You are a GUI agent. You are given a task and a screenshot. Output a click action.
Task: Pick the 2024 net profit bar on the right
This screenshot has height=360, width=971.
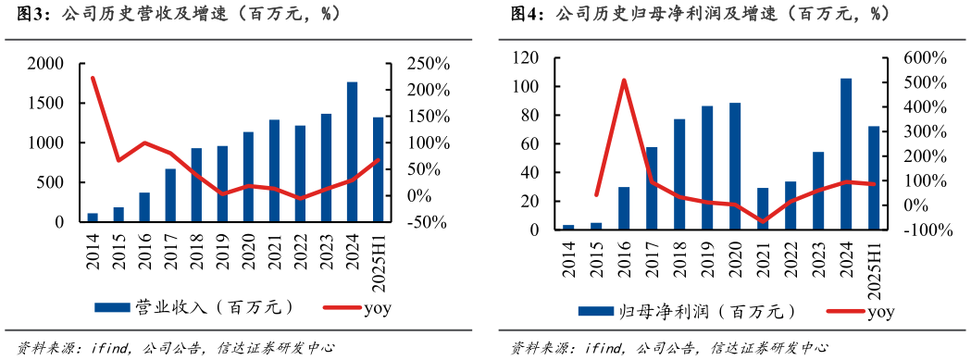[846, 154]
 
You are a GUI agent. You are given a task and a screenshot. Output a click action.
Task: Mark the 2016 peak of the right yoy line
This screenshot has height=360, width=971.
[624, 81]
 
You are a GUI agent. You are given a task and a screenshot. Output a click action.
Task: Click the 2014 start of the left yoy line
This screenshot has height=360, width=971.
[93, 78]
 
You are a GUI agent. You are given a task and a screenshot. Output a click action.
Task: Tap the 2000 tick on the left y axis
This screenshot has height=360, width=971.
[46, 64]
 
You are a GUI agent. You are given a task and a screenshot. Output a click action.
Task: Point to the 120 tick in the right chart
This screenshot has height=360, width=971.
[525, 58]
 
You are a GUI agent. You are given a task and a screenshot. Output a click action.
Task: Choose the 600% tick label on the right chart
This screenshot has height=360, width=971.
[927, 58]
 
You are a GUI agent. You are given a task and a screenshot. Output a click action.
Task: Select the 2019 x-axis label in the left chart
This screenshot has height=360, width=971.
[223, 252]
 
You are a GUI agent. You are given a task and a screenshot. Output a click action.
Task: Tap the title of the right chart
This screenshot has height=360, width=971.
[722, 15]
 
